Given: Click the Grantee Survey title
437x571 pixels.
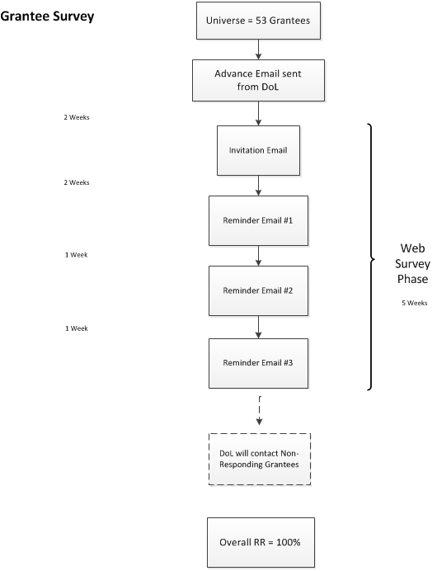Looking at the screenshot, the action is (x=47, y=17).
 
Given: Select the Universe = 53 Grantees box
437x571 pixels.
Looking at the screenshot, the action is (x=258, y=21).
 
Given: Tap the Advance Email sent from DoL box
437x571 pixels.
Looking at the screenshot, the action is (x=258, y=81).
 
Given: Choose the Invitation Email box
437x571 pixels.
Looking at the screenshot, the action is (x=258, y=150).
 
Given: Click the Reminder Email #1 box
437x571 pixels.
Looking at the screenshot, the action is (x=258, y=220).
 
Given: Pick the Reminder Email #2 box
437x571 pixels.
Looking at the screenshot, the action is (x=258, y=290).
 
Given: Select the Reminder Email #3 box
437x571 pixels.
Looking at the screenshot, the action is (x=258, y=363).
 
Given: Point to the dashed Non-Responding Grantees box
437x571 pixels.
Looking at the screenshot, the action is (x=260, y=459).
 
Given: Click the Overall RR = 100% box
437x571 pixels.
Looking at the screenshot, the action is (x=261, y=543).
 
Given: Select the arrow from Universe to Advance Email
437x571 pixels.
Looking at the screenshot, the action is (x=258, y=50).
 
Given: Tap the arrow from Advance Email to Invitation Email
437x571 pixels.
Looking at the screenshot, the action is (x=258, y=113).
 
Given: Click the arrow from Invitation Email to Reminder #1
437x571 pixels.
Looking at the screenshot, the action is (x=258, y=186).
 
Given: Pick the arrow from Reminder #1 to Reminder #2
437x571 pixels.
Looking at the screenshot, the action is (x=258, y=256).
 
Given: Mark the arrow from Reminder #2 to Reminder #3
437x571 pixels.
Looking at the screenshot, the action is (x=258, y=327).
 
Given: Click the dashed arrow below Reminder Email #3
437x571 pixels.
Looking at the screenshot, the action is (x=259, y=411).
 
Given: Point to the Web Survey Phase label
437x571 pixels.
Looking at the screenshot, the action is (x=412, y=263).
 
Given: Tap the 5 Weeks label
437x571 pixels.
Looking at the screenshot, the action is (x=415, y=303).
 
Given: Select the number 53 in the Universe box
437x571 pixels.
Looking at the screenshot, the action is (x=261, y=21).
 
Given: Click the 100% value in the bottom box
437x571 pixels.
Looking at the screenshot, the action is (x=289, y=543).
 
